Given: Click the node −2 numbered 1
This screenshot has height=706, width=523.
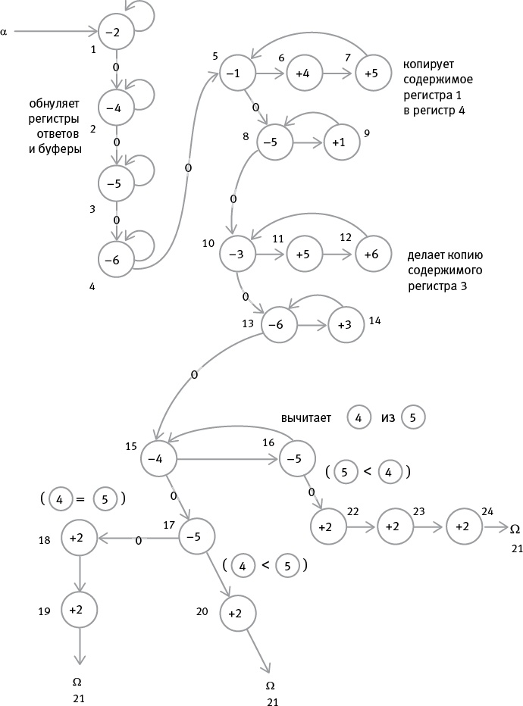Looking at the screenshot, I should click(115, 33).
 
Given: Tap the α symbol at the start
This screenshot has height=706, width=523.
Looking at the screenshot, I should click(5, 32).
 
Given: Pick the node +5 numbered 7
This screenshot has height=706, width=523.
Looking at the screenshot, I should click(371, 73).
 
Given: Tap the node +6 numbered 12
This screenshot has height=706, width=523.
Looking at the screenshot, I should click(371, 255).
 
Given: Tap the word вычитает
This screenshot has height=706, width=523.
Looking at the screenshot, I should click(305, 417).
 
